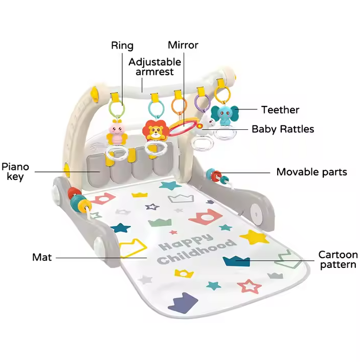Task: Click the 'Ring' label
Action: (122, 46)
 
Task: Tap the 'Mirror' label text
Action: (183, 46)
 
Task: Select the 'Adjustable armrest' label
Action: (154, 67)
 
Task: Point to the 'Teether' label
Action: (280, 109)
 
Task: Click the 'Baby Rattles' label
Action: (282, 129)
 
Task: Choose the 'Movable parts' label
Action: (311, 172)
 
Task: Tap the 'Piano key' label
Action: (15, 172)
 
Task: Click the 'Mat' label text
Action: (42, 257)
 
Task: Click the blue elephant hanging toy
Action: (225, 116)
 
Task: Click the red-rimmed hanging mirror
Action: (183, 126)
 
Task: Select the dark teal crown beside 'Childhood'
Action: (237, 261)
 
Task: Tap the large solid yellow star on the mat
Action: (254, 236)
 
